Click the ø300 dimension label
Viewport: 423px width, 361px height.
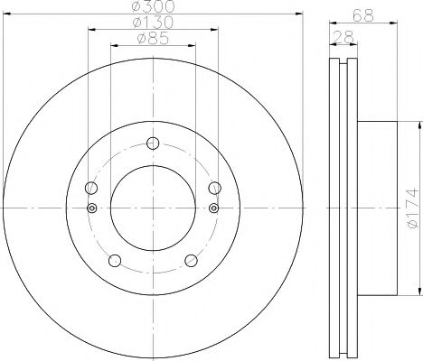[x=154, y=6]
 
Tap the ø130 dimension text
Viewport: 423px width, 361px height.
[x=153, y=23]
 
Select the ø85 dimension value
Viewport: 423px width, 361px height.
[x=153, y=39]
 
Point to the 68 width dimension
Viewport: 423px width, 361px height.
[x=363, y=15]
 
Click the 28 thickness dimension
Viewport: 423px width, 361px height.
[x=343, y=37]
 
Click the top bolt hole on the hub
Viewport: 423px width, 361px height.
[x=153, y=143]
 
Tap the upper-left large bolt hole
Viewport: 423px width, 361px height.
[x=91, y=188]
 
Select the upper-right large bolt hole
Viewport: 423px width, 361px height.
[x=215, y=188]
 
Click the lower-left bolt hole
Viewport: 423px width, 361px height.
[x=115, y=261]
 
